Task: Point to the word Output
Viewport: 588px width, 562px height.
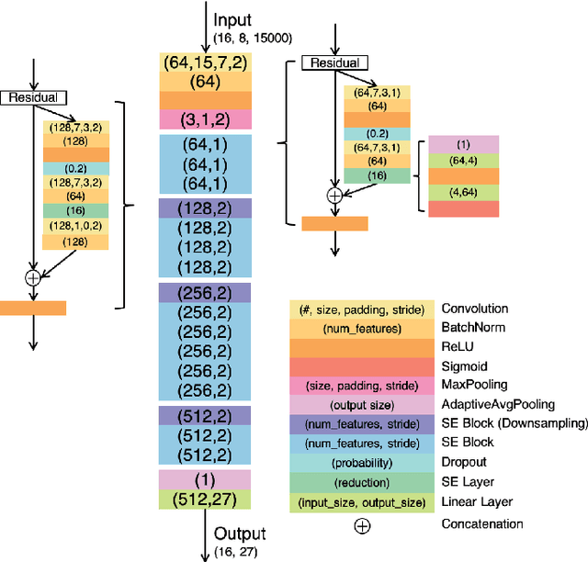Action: pyautogui.click(x=240, y=534)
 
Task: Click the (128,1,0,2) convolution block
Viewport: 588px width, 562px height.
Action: pyautogui.click(x=76, y=225)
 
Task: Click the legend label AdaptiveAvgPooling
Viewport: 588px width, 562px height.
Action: pyautogui.click(x=498, y=404)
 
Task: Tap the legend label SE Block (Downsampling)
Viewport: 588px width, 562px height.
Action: pyautogui.click(x=514, y=423)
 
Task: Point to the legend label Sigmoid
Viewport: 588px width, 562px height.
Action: pyautogui.click(x=465, y=365)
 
